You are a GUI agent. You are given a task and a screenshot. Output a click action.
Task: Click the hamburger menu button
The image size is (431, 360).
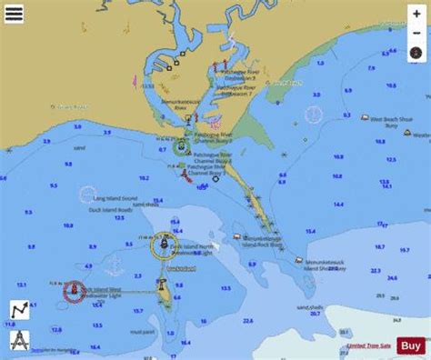[14, 14]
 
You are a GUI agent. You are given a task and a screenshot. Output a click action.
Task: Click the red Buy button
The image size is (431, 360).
[410, 345]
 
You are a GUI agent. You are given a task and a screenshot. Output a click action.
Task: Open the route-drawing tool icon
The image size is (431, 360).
[18, 309]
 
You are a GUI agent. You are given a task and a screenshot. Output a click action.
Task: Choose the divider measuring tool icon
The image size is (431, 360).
[18, 341]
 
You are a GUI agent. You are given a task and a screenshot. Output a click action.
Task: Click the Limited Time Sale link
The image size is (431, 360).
[368, 346]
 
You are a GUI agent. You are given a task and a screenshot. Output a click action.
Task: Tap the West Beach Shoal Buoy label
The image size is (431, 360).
[390, 118]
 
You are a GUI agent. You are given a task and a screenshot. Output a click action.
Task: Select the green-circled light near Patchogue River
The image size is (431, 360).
[181, 146]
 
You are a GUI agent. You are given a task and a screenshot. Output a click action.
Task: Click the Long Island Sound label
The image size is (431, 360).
[108, 197]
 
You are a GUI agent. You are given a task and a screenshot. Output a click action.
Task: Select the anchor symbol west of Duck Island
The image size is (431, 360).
[88, 266]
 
